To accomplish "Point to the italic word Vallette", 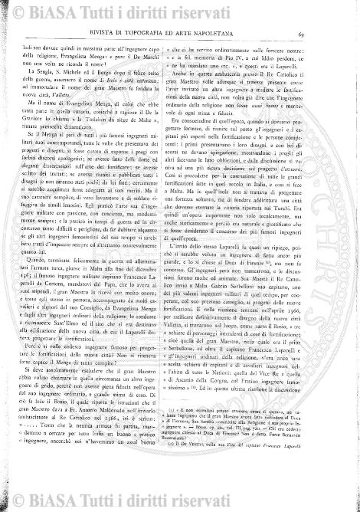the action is pyautogui.click(x=106, y=108).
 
